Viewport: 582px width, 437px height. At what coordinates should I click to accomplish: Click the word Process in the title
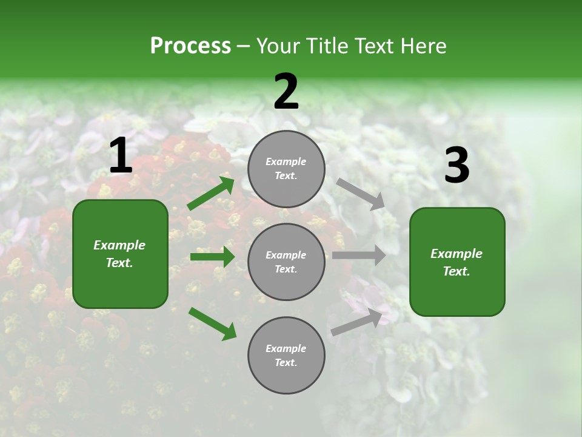pyautogui.click(x=190, y=46)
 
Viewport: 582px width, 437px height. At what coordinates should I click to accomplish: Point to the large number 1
pyautogui.click(x=121, y=157)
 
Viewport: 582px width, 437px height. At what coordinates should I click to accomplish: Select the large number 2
pyautogui.click(x=286, y=92)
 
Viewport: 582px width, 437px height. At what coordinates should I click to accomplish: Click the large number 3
pyautogui.click(x=457, y=166)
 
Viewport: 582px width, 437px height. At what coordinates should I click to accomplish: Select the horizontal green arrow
pyautogui.click(x=212, y=257)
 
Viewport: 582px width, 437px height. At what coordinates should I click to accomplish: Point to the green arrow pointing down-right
pyautogui.click(x=212, y=324)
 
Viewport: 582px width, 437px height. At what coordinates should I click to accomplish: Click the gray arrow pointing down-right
pyautogui.click(x=360, y=194)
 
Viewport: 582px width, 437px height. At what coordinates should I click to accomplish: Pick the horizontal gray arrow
pyautogui.click(x=359, y=256)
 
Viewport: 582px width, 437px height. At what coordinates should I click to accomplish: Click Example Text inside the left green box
pyautogui.click(x=119, y=254)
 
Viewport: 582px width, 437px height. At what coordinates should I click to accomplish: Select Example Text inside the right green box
pyautogui.click(x=457, y=262)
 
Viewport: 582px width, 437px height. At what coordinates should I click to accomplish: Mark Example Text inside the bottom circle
pyautogui.click(x=286, y=356)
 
